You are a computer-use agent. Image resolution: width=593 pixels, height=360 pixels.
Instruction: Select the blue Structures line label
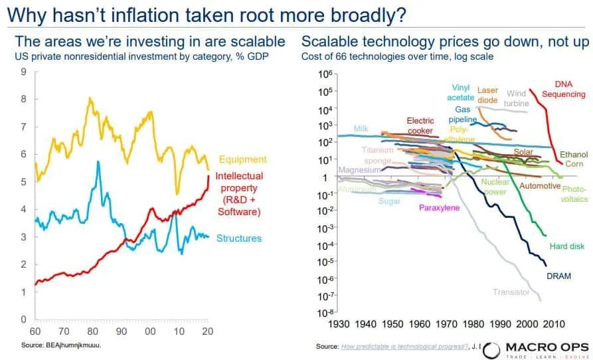tap(239, 238)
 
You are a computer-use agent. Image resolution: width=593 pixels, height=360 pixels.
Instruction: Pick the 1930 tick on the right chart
tap(339, 324)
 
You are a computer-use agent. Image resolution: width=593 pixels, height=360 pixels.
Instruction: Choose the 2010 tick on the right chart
tap(553, 324)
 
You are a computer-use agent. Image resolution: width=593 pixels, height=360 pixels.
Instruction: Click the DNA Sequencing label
tap(563, 89)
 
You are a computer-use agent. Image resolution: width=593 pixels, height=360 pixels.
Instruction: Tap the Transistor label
tap(511, 292)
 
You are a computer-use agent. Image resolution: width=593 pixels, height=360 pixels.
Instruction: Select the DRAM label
tap(558, 276)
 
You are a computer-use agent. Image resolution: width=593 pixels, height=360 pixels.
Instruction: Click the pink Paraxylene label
tap(440, 208)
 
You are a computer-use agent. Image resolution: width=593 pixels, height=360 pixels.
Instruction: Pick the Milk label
tap(361, 129)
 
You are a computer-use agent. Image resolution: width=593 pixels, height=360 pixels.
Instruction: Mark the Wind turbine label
tap(517, 99)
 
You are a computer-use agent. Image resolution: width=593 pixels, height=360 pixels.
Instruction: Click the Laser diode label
tap(487, 95)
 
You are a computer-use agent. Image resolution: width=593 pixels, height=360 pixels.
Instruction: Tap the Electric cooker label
tap(420, 126)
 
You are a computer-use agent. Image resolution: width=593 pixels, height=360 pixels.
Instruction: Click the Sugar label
tap(390, 201)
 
